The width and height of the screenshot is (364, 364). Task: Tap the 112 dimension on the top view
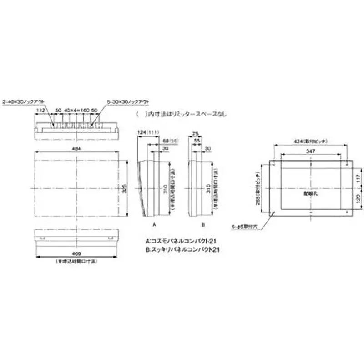(x=40, y=111)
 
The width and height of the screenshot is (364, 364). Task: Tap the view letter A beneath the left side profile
(x=154, y=224)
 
